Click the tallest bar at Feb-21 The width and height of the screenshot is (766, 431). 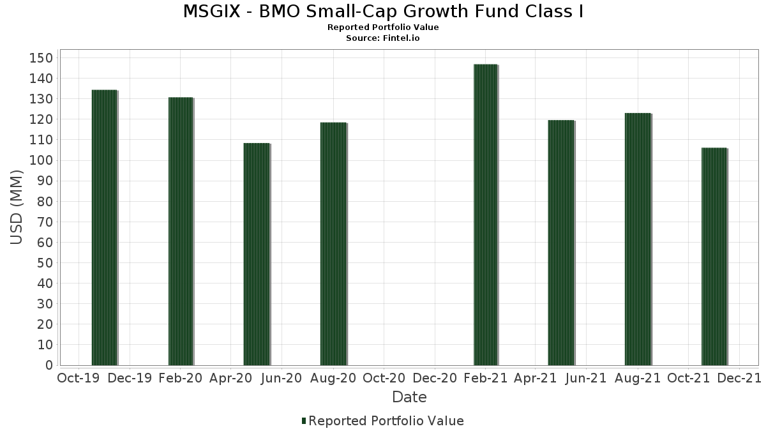485,215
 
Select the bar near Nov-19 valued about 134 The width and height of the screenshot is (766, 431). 104,227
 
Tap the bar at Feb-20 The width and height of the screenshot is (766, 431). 181,231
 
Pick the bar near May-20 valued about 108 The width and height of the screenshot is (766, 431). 257,254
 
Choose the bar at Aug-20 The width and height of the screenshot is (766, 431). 333,244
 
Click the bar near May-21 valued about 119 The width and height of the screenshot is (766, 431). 561,243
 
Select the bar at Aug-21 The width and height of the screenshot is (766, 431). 638,239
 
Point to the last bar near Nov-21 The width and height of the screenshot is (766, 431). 714,257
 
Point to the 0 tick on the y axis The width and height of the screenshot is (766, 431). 49,365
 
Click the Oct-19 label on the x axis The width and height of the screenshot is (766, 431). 79,378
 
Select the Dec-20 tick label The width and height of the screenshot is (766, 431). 434,378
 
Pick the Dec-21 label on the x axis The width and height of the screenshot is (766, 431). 739,378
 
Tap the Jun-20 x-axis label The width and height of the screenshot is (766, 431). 282,378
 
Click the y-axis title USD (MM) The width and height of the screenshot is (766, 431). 17,208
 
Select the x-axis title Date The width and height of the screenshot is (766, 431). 409,397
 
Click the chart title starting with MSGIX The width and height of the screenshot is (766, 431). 383,11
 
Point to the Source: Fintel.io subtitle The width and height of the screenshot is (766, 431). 383,38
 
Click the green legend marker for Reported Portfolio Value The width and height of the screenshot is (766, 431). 304,421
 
